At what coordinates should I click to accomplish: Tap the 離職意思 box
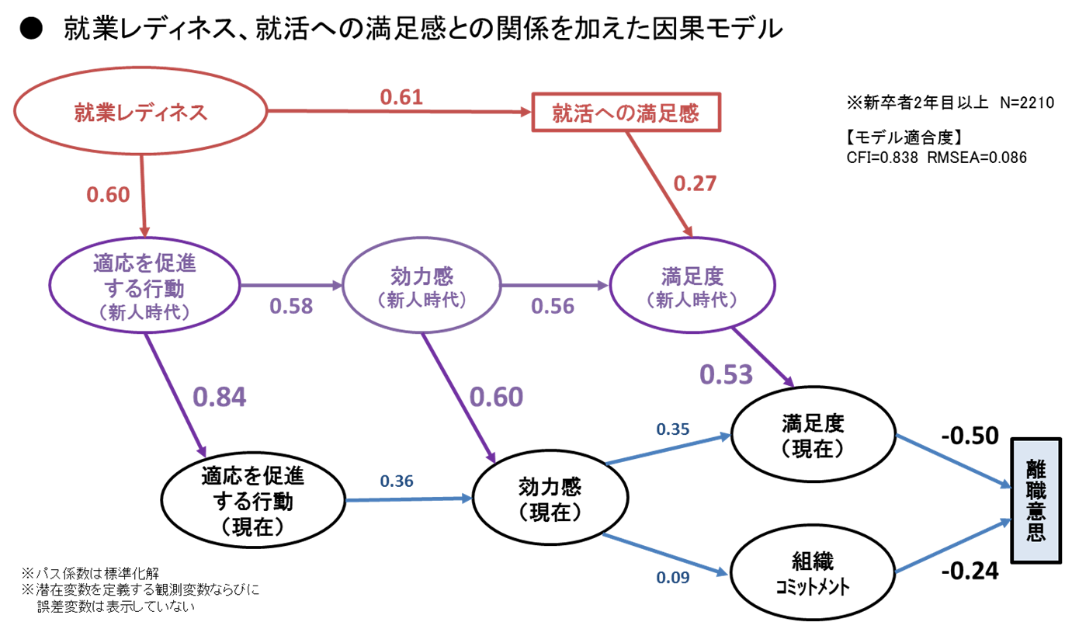(1036, 500)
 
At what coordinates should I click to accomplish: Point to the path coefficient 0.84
(219, 397)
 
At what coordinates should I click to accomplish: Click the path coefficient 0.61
(401, 97)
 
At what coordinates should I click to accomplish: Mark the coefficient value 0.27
(695, 183)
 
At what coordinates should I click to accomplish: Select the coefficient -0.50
(970, 436)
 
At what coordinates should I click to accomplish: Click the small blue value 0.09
(673, 577)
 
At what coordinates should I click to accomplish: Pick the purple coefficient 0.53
(726, 374)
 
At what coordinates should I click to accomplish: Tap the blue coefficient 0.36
(397, 481)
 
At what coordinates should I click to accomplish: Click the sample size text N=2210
(1027, 103)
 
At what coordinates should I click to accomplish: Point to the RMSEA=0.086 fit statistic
(977, 158)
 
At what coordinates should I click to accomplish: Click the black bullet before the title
(31, 29)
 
